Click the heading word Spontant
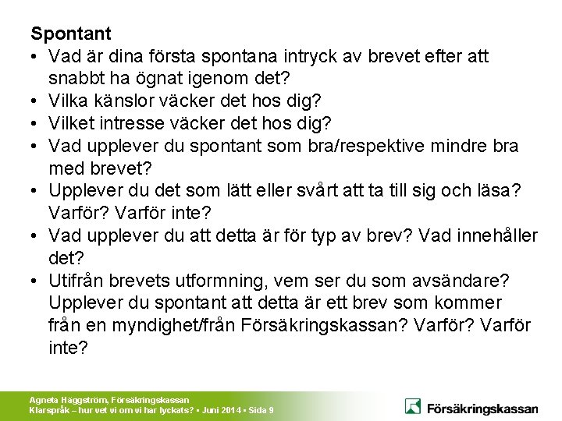pyautogui.click(x=71, y=34)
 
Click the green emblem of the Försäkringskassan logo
pyautogui.click(x=414, y=406)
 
